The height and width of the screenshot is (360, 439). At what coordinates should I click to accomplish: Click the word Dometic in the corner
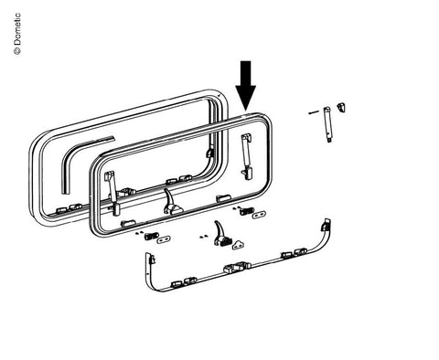tap(17, 29)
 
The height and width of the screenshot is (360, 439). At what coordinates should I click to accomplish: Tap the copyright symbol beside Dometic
tap(17, 51)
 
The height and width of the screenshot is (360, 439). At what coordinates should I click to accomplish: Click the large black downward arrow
tap(245, 85)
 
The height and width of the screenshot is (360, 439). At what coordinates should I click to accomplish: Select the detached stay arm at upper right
tap(327, 124)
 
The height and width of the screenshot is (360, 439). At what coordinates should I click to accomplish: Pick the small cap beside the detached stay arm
tap(341, 108)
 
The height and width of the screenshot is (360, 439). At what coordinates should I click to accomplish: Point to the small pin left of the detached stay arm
tap(314, 112)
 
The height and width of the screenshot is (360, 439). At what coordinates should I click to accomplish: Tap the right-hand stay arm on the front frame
tap(247, 156)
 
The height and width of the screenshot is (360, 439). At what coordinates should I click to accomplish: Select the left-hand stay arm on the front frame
tap(112, 193)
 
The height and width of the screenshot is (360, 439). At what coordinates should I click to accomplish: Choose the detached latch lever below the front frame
tap(221, 234)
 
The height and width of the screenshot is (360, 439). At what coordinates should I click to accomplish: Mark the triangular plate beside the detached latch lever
tap(238, 245)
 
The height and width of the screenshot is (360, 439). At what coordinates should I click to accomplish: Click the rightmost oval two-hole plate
tap(260, 215)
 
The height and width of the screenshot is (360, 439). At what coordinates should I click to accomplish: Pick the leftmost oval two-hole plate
tap(164, 239)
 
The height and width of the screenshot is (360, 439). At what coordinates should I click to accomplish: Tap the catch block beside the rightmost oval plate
tap(246, 211)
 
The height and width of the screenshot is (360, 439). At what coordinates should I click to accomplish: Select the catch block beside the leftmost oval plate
tap(151, 236)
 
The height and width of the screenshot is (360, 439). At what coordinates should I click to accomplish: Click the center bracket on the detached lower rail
tap(237, 267)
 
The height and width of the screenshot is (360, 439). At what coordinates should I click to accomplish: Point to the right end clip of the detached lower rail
tap(326, 225)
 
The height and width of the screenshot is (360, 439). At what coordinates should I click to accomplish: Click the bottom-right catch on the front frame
tap(224, 198)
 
